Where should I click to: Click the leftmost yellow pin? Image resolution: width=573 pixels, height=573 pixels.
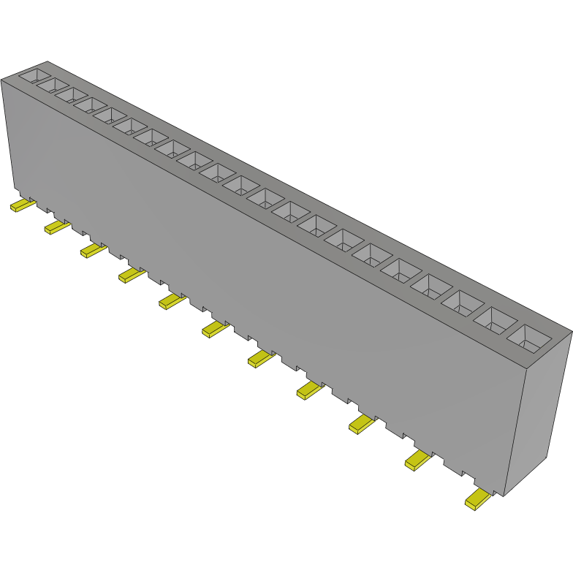tap(21, 206)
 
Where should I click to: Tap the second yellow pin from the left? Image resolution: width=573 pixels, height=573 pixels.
tap(56, 228)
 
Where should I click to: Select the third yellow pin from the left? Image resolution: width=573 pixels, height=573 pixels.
tap(92, 251)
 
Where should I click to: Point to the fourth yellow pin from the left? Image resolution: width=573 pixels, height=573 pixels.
tap(130, 275)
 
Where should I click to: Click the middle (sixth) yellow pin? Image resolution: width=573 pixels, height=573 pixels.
tap(214, 329)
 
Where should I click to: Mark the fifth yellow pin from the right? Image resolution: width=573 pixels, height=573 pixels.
tap(259, 358)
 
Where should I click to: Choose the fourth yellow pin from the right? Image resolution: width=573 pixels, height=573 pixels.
tap(308, 390)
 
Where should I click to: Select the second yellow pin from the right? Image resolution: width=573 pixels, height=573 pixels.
tap(417, 460)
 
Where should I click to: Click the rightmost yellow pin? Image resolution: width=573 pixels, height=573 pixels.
tap(478, 499)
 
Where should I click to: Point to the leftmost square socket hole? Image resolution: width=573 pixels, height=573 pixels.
tap(33, 75)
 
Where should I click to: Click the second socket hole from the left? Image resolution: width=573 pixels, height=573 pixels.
tap(52, 86)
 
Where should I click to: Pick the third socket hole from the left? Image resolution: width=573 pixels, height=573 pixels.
tap(69, 96)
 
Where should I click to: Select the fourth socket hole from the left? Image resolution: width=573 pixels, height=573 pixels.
tap(88, 105)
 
